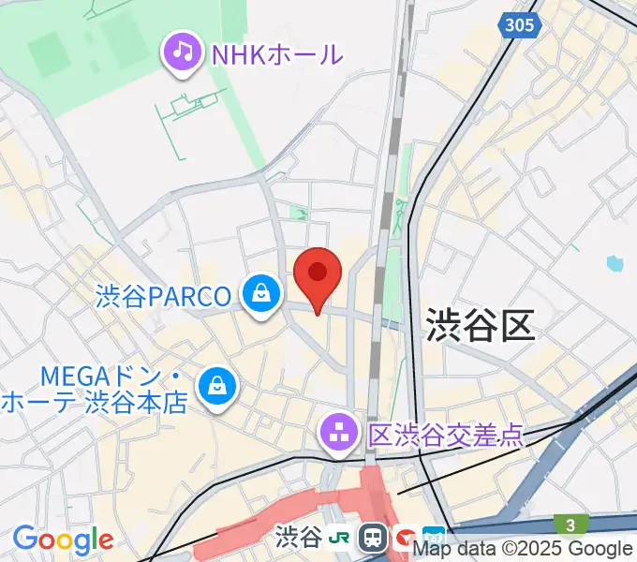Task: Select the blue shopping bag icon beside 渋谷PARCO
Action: click(260, 295)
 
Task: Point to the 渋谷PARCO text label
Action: click(163, 297)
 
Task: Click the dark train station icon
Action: click(374, 538)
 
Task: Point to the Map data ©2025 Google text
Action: click(524, 550)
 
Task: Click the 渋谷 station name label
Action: click(299, 538)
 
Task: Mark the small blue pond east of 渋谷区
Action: click(615, 263)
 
